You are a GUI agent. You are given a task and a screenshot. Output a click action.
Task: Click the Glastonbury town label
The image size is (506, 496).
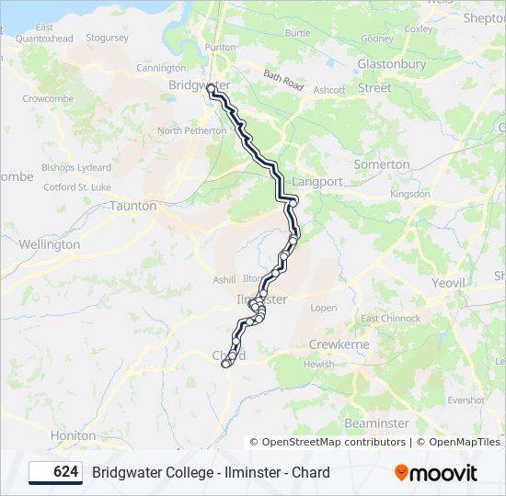tap(391, 64)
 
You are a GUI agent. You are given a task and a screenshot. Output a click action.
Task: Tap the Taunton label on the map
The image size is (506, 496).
tap(132, 206)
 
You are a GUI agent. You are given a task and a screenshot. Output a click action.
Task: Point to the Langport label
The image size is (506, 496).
tap(316, 182)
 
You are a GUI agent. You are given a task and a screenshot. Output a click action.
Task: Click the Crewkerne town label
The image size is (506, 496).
tap(339, 344)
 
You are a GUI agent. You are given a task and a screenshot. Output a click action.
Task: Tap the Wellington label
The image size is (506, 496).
tap(50, 245)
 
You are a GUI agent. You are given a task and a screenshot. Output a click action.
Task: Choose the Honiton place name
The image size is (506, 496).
tap(74, 435)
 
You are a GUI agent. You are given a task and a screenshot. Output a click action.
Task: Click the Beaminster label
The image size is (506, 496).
tap(376, 423)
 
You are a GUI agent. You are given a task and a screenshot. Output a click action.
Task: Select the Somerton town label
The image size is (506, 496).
tap(382, 164)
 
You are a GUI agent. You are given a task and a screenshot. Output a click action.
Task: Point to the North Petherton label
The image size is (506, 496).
tap(191, 131)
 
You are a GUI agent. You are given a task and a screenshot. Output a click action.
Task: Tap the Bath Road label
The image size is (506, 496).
tap(282, 81)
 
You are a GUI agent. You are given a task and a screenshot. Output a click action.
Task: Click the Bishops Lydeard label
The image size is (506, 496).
tap(76, 168)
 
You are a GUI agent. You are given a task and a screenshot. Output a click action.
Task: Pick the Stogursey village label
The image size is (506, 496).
tap(107, 39)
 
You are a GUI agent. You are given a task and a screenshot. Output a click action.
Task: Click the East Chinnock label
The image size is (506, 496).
tap(390, 319)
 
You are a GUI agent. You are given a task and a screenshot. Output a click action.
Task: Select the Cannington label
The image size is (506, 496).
tap(161, 68)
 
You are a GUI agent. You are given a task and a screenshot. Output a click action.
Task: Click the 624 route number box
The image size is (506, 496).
tap(55, 473)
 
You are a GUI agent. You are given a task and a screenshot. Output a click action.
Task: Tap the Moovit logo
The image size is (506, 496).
tap(436, 473)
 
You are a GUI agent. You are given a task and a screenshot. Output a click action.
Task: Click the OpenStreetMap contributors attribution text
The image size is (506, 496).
tap(333, 442)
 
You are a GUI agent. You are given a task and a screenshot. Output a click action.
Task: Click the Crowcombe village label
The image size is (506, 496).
tap(41, 98)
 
